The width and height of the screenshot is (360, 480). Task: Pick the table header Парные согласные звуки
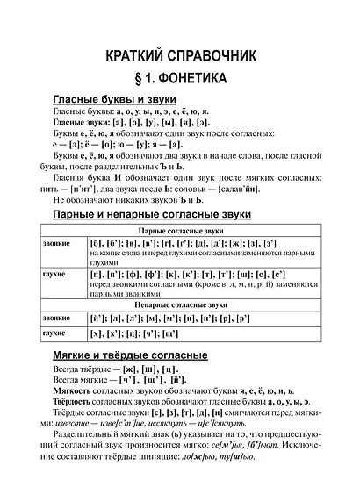181,230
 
